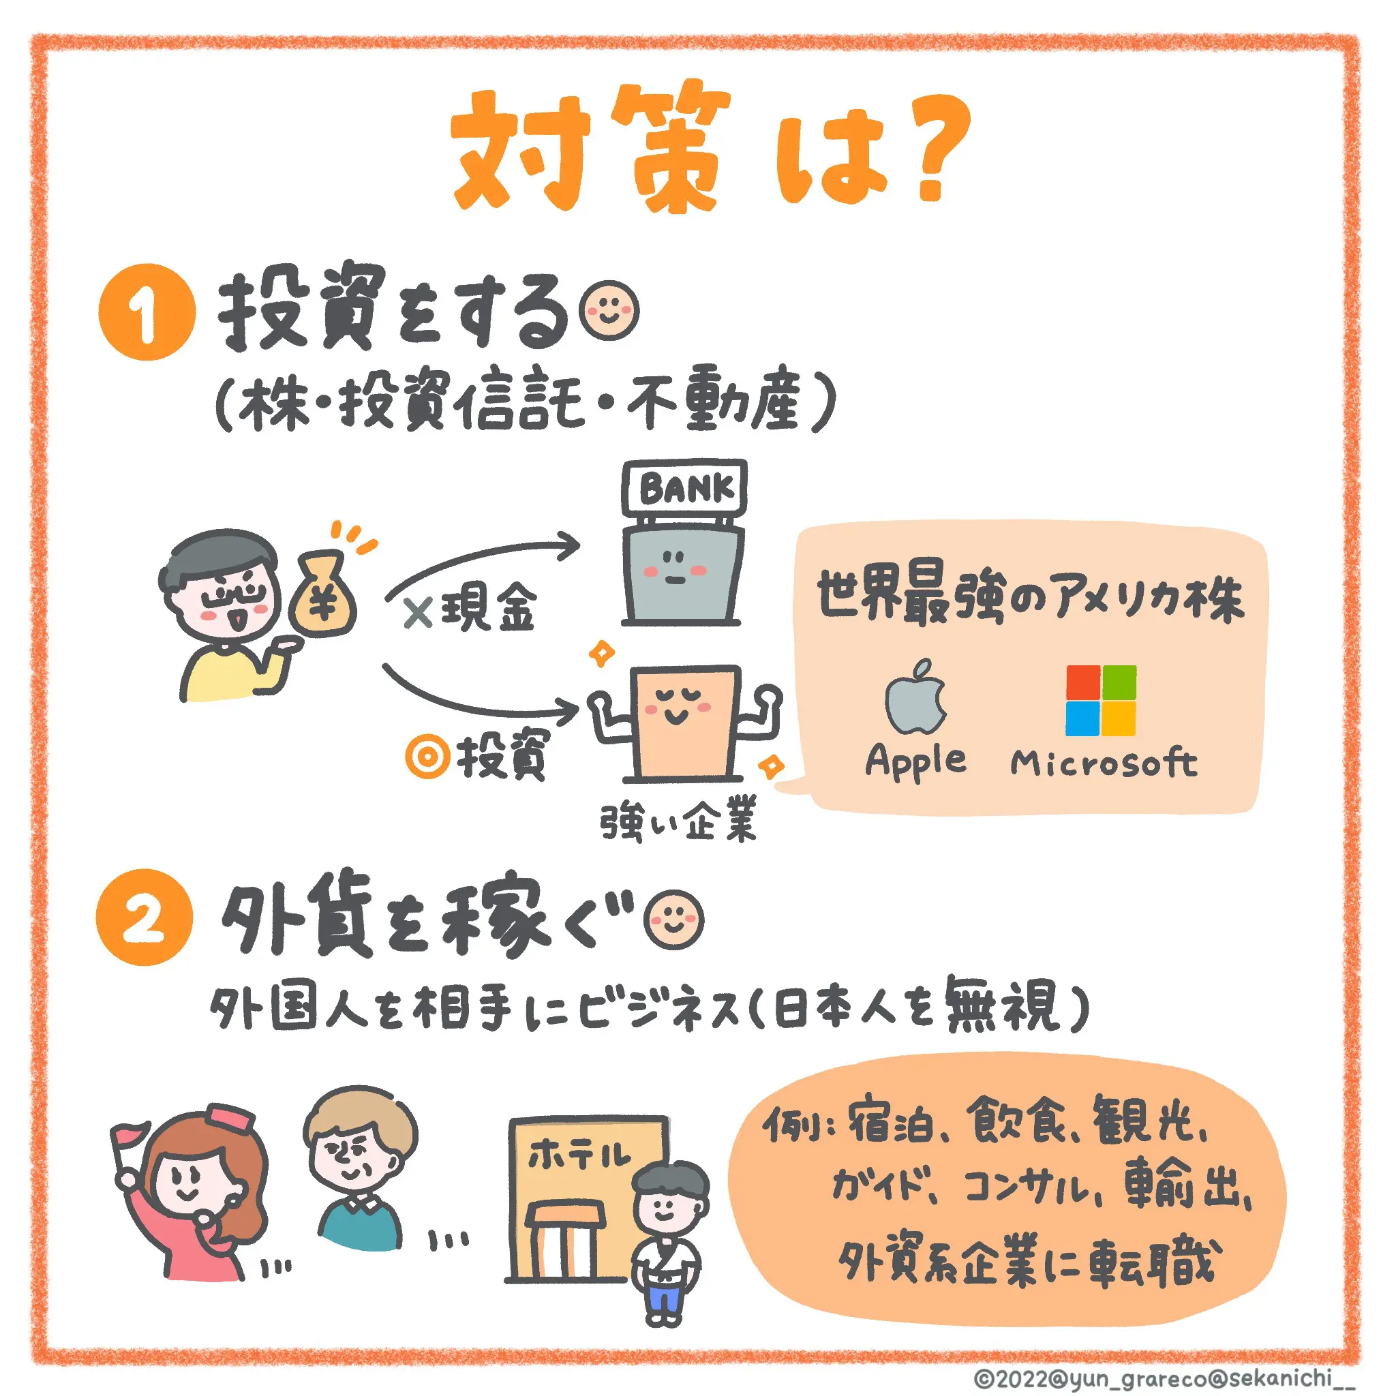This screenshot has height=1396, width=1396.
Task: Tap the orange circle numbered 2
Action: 144,917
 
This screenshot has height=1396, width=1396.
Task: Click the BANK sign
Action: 684,488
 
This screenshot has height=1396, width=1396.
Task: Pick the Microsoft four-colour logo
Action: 1100,700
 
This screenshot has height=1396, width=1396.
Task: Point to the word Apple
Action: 915,761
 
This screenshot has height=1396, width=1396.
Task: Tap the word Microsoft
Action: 1104,762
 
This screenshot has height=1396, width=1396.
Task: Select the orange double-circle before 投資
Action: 428,757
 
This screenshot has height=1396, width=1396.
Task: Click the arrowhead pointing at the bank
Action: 569,545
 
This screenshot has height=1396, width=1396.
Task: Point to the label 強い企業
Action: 678,819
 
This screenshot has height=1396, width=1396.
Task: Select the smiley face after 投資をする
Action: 611,312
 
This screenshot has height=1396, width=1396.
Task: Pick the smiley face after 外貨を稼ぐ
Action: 673,918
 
